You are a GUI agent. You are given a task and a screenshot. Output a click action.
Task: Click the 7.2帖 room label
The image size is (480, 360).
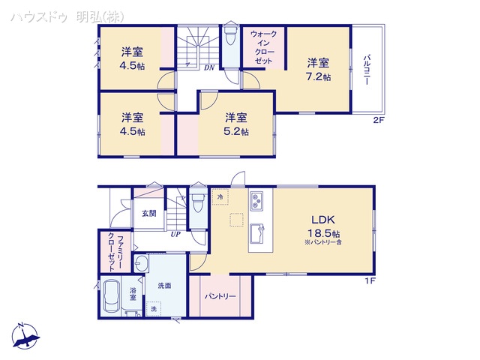point(317,76)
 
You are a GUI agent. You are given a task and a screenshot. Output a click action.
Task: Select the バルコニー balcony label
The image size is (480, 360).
point(367,72)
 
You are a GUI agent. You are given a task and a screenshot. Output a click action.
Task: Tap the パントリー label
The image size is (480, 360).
point(220,296)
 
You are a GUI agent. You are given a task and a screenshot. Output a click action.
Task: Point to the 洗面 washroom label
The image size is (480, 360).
point(165,285)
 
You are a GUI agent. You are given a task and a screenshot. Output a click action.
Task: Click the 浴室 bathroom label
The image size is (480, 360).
point(132,293)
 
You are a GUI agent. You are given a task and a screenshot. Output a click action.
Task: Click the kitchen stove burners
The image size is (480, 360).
point(256,202)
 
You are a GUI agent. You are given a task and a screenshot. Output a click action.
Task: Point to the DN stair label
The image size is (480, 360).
point(208,67)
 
